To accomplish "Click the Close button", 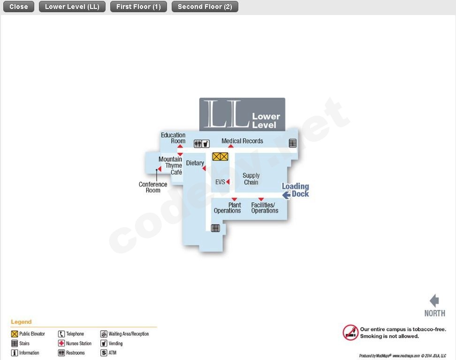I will coord(19,7).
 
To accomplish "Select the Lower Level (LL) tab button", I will coord(72,7).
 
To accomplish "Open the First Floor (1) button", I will coord(138,7).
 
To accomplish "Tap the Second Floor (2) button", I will coord(205,7).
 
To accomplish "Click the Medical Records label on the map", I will coord(242,141).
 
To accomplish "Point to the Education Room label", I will coord(173,138).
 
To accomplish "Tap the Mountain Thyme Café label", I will coord(171,166).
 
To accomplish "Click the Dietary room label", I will coord(195,163).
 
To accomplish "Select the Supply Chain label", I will coord(251,179).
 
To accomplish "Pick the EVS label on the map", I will coord(220,182).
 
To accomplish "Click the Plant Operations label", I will coord(228,208).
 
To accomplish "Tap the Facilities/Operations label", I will coord(265,208).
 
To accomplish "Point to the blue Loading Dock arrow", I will coord(286,195).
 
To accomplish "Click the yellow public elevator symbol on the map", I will coord(220,157).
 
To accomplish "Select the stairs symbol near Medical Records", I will coord(293,143).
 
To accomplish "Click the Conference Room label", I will coord(153,187).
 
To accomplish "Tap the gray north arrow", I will coord(434,301).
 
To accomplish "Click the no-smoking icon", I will coord(350,333).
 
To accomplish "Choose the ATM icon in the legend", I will coord(104,353).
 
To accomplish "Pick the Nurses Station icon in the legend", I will coord(61,344).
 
